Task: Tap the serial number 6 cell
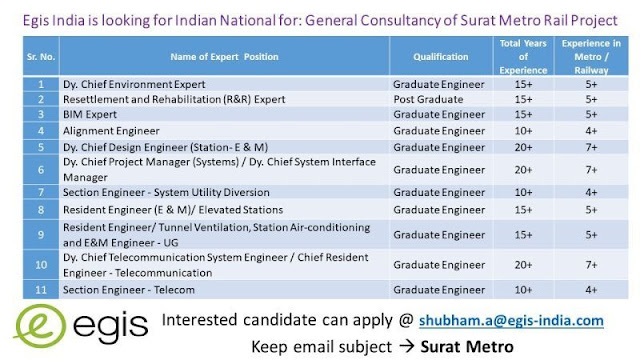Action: (x=40, y=167)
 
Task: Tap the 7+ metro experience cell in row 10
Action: (x=592, y=264)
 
